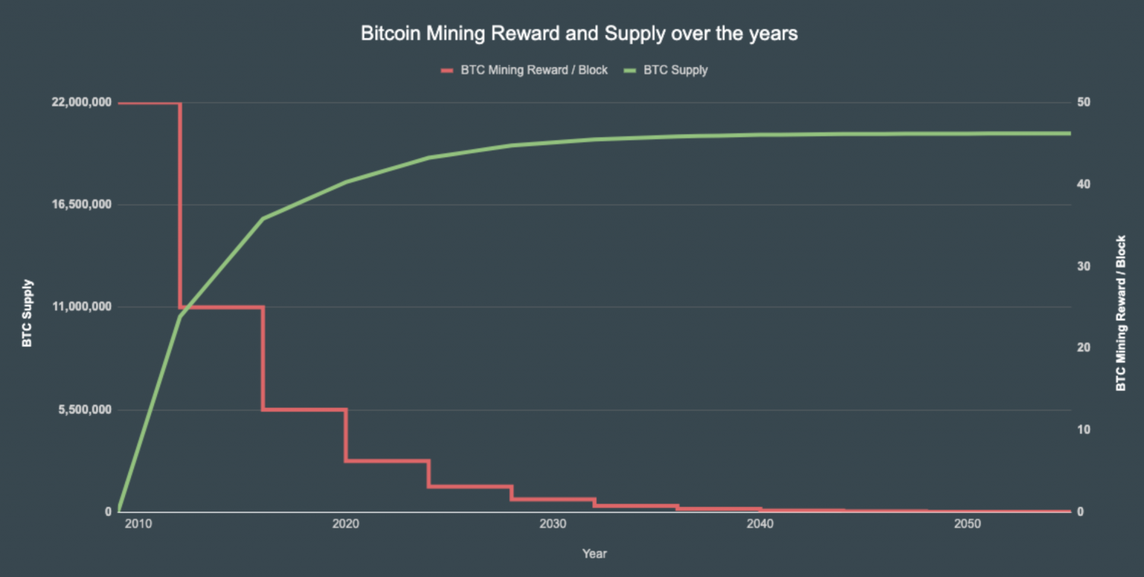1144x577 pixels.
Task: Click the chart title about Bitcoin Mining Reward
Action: pos(579,34)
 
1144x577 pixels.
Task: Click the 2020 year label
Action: pos(345,525)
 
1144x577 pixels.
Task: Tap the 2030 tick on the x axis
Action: pos(552,525)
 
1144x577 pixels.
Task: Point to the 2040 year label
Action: pos(760,525)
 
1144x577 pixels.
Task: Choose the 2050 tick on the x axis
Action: pos(967,525)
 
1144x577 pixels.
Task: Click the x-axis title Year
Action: pos(594,553)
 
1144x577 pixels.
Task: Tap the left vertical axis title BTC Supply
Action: pos(28,313)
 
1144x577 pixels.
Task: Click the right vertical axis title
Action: pos(1120,313)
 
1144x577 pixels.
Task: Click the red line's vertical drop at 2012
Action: pos(180,205)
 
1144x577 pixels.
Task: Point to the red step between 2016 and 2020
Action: pos(304,409)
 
